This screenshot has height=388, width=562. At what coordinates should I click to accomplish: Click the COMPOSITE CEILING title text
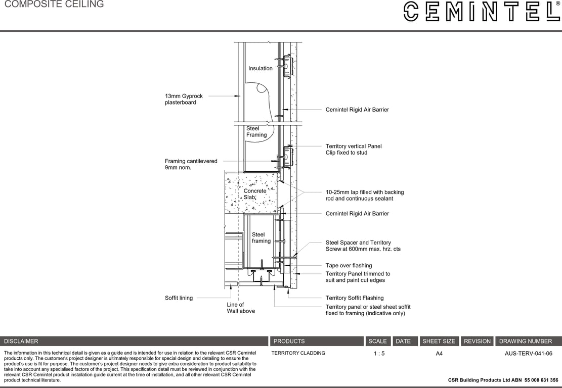click(54, 5)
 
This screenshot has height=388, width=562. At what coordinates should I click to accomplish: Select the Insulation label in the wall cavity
click(260, 68)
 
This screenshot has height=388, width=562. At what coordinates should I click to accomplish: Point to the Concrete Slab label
click(254, 194)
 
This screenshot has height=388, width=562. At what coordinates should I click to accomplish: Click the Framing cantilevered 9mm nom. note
click(191, 164)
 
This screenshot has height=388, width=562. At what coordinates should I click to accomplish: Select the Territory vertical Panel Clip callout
click(353, 149)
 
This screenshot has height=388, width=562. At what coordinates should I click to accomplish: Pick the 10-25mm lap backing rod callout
click(364, 196)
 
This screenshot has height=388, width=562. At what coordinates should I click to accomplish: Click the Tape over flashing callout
click(349, 265)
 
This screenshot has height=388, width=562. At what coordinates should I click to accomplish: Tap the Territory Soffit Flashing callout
click(354, 298)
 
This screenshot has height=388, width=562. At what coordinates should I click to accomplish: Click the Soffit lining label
click(179, 298)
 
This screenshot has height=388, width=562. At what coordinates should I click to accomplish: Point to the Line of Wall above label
click(240, 308)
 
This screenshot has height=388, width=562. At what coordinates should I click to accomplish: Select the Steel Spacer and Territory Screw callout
click(362, 246)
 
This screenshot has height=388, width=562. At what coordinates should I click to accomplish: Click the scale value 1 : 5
click(379, 354)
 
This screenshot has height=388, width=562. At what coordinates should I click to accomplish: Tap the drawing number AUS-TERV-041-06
click(528, 354)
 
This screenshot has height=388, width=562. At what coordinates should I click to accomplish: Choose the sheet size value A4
click(439, 354)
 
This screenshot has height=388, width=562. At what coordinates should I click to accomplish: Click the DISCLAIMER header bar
click(134, 341)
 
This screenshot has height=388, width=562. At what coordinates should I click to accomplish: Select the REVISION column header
click(477, 341)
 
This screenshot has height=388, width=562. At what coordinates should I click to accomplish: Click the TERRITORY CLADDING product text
click(298, 353)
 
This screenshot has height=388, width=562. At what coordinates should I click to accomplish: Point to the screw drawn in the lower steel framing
click(262, 264)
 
